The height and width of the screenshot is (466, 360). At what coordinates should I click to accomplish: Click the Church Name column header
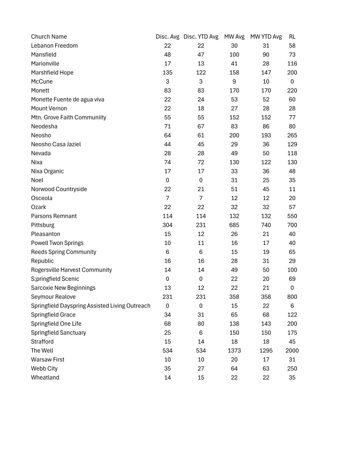(49, 37)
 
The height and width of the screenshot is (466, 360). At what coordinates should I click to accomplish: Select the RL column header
(292, 37)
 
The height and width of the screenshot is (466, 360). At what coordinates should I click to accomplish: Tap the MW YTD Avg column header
(266, 37)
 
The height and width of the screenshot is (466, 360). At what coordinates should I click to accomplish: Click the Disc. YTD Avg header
(201, 37)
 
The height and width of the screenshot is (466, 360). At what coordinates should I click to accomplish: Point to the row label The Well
(42, 351)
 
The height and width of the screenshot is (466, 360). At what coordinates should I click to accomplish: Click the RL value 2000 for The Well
(292, 351)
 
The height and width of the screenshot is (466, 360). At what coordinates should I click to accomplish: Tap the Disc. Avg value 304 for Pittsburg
(167, 225)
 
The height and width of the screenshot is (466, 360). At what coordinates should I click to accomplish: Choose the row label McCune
(42, 81)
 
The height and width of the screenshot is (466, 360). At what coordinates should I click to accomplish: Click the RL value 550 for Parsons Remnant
(292, 216)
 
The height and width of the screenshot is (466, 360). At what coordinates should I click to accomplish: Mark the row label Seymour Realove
(53, 297)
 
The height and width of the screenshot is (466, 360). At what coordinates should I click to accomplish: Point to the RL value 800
(292, 297)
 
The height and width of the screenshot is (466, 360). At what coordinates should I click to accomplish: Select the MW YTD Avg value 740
(266, 225)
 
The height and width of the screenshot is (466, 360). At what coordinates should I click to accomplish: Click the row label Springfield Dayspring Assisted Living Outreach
(90, 306)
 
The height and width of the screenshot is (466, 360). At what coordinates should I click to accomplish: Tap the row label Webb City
(44, 368)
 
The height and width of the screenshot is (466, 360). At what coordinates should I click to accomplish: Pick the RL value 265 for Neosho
(292, 135)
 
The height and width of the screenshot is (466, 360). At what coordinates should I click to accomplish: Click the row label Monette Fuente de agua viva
(68, 99)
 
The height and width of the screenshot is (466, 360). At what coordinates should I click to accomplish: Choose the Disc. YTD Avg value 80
(201, 324)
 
